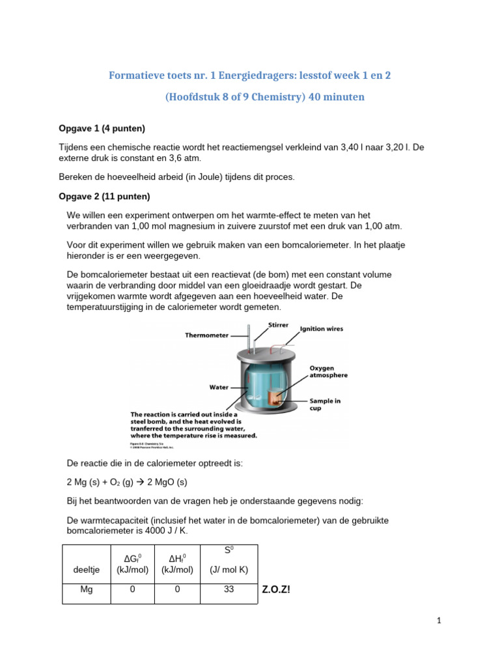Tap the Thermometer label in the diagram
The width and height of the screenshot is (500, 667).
206,335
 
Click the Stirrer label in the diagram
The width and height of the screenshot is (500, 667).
278,323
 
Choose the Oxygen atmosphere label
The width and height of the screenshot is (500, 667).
328,371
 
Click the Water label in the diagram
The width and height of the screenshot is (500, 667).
218,387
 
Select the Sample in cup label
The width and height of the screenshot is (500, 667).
325,404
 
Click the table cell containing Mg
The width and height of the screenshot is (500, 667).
87,589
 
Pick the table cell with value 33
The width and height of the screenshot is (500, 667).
229,589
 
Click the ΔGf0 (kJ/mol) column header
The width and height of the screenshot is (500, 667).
132,563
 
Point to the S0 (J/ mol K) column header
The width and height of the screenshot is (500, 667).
229,560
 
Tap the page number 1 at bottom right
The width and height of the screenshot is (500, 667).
439,621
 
